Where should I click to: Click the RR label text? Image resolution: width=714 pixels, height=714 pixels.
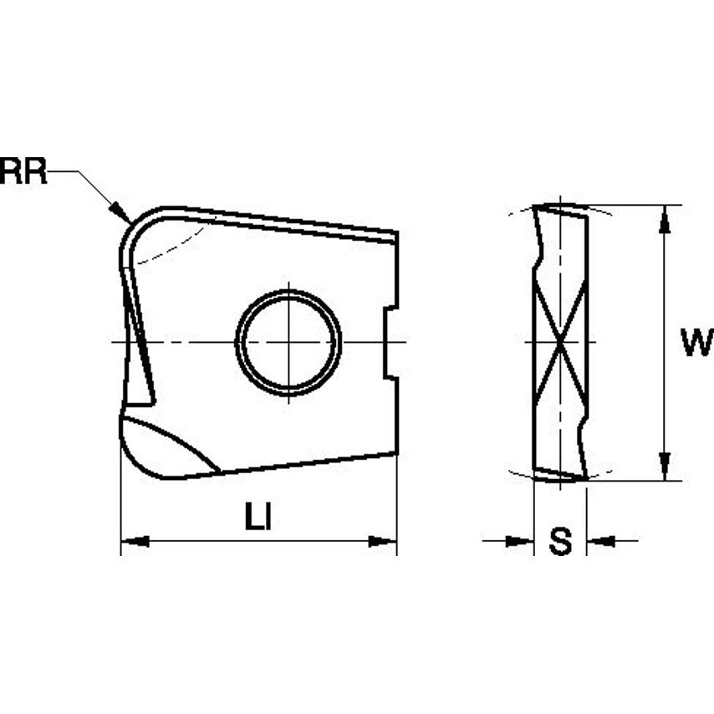(x=23, y=171)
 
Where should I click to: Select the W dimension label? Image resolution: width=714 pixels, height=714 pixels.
(x=696, y=343)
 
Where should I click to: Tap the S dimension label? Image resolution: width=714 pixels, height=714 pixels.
(x=560, y=542)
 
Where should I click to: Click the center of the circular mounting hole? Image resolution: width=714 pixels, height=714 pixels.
(x=288, y=342)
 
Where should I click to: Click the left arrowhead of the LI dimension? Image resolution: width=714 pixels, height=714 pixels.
(x=134, y=542)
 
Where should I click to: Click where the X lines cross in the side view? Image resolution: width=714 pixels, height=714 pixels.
(x=560, y=342)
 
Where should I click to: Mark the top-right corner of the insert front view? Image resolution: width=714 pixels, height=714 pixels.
(x=396, y=233)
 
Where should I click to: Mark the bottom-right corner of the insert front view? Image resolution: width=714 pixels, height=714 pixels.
(x=395, y=452)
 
